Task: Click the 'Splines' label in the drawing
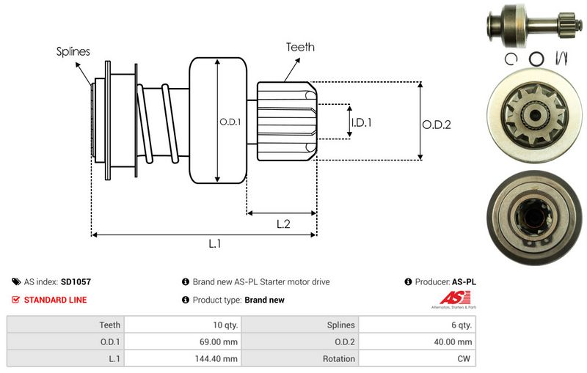tap(73, 51)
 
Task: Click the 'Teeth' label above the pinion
tap(300, 47)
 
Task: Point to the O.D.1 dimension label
tap(230, 122)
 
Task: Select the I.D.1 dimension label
tap(361, 122)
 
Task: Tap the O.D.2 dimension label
tap(436, 125)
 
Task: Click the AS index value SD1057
tap(76, 281)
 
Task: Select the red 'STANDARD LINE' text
tap(55, 300)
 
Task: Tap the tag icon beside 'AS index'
tap(15, 281)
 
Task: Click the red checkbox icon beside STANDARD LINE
tap(15, 300)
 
